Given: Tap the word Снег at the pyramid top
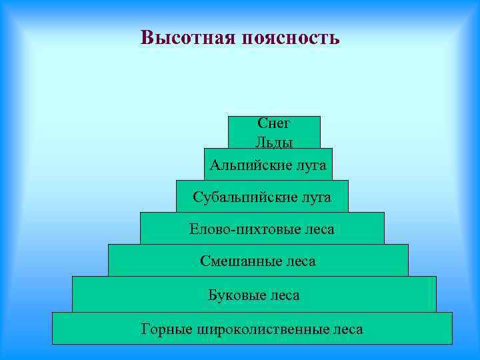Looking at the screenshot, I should click(273, 123).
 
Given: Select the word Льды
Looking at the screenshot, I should click(273, 141).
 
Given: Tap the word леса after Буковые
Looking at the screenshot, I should click(284, 294).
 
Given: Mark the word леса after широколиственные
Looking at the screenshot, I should click(347, 329).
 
